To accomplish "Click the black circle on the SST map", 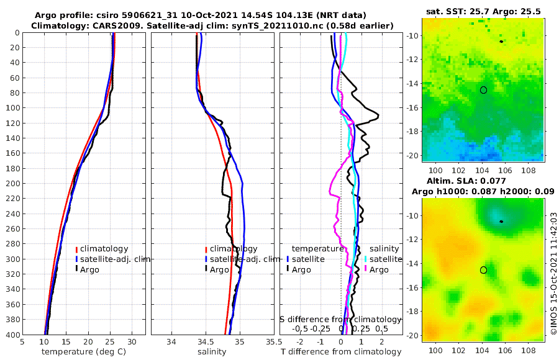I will point(483,90).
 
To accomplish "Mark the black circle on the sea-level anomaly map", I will point(483,270).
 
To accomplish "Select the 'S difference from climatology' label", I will point(340,319).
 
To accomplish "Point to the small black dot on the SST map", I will point(501,42).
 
